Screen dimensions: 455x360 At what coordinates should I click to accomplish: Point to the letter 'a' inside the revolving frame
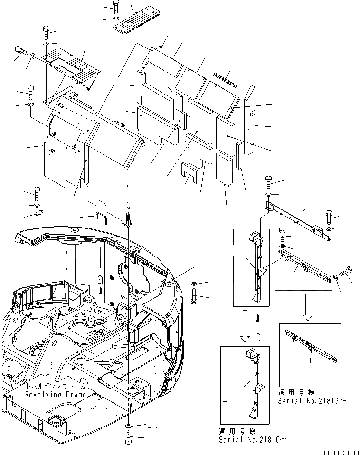point(99,280)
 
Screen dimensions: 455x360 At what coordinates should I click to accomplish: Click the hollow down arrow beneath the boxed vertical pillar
point(245,332)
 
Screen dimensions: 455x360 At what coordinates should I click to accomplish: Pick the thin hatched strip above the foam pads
point(225,78)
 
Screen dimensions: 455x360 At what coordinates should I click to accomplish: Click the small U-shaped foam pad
point(189,173)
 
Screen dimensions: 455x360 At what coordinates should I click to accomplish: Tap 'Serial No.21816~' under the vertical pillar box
point(253,440)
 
